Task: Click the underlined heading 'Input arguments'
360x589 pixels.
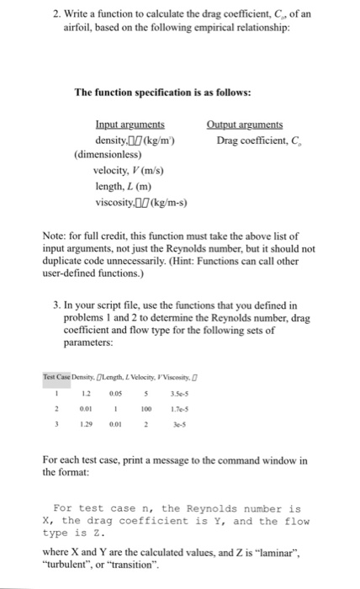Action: pos(130,125)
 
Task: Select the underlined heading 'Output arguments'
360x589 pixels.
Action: pos(245,125)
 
